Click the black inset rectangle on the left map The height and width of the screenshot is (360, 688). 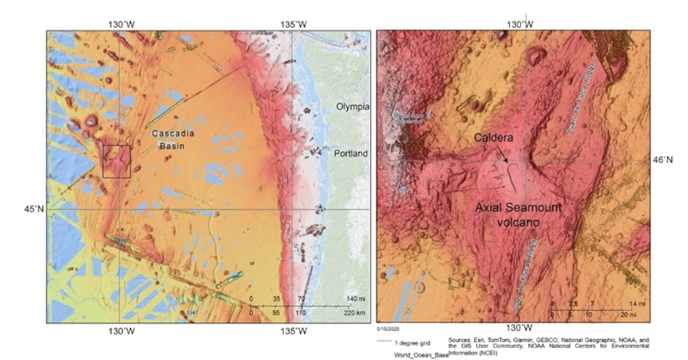117,161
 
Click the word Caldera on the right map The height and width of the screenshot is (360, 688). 493,138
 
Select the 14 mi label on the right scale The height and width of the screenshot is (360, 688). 637,304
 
